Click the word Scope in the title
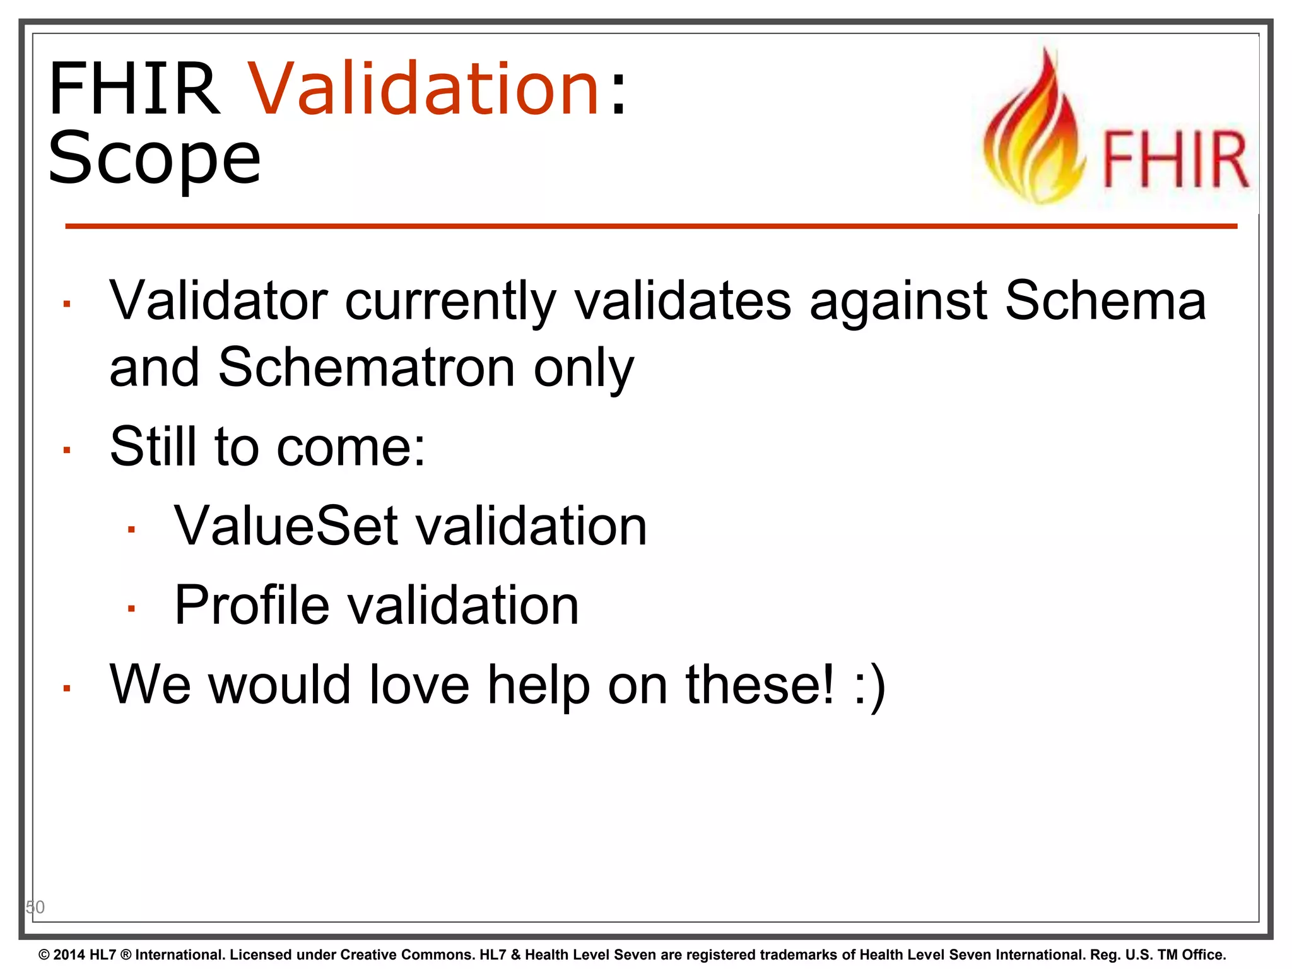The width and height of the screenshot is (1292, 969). tap(154, 158)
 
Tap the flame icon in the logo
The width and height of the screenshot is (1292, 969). tap(1035, 129)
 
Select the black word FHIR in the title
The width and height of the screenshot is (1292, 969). tap(134, 88)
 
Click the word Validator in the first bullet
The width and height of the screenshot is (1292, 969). tap(218, 302)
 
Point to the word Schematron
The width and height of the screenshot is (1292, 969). tap(367, 368)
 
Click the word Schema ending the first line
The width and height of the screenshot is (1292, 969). tap(1105, 302)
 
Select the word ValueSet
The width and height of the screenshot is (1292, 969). tap(286, 526)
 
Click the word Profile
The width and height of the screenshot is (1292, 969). tap(251, 606)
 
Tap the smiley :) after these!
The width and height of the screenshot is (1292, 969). tap(869, 686)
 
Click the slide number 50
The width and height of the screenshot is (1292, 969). tap(35, 907)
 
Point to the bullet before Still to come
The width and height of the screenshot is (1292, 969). tap(67, 450)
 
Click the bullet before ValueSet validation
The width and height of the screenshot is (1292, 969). tap(131, 529)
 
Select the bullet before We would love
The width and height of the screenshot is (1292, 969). tap(67, 688)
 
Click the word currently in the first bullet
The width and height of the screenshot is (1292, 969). tap(450, 302)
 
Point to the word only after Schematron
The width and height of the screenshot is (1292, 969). tap(583, 368)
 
